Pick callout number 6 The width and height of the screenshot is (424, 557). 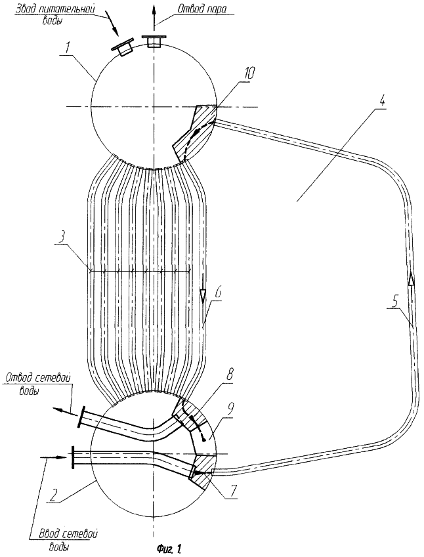pyautogui.click(x=220, y=293)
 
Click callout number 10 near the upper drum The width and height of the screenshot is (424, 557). pyautogui.click(x=247, y=73)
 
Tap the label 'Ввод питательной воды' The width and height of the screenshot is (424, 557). pyautogui.click(x=54, y=13)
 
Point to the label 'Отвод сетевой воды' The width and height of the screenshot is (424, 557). pyautogui.click(x=38, y=384)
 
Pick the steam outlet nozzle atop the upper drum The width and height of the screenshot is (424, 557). pyautogui.click(x=154, y=41)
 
